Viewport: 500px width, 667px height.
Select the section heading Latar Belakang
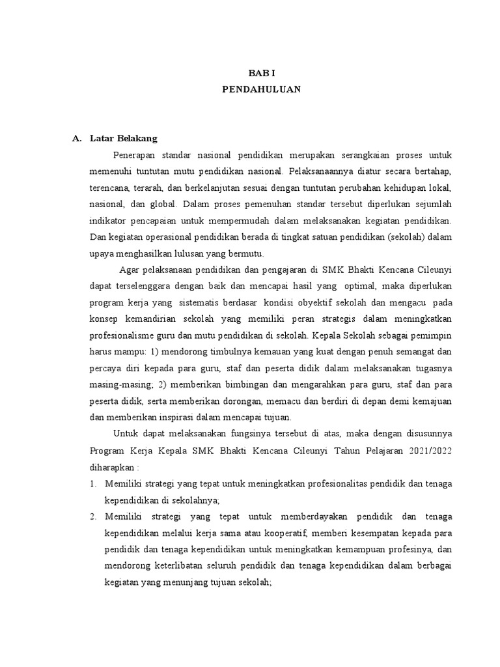coord(124,139)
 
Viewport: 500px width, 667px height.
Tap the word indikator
coord(107,220)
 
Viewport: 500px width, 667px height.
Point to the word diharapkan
coord(114,466)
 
